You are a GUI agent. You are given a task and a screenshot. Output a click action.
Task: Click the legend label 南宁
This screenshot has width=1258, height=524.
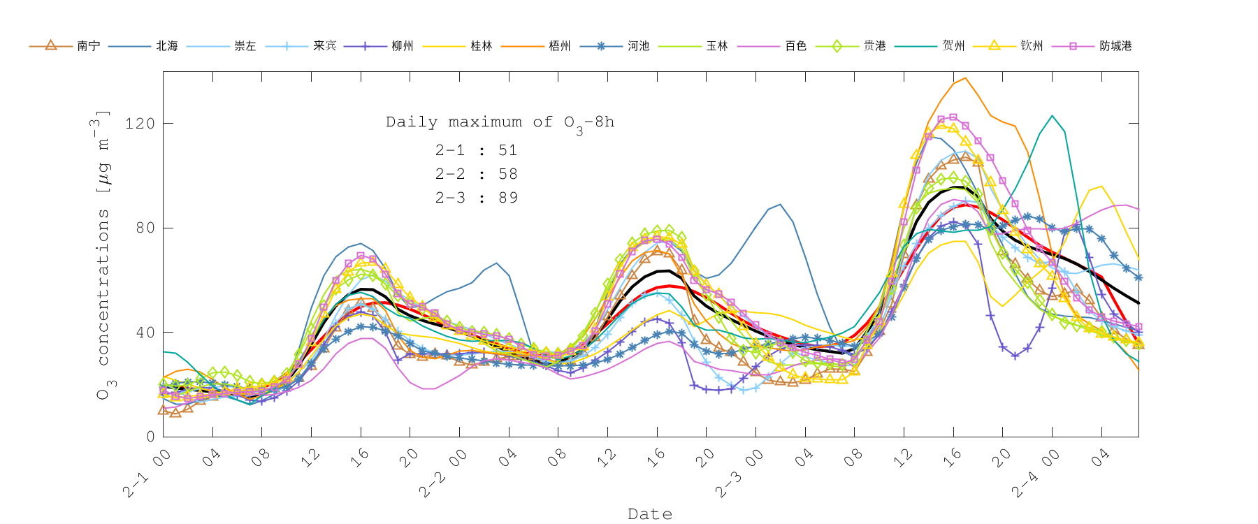pyautogui.click(x=88, y=46)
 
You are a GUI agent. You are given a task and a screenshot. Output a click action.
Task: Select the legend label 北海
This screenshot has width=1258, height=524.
pyautogui.click(x=167, y=46)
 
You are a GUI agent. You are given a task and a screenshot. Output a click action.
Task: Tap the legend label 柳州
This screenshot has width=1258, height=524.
pyautogui.click(x=403, y=46)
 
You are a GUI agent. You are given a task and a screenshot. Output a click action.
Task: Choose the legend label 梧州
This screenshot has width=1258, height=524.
pyautogui.click(x=560, y=46)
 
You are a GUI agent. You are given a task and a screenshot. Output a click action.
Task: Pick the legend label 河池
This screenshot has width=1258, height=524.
pyautogui.click(x=638, y=46)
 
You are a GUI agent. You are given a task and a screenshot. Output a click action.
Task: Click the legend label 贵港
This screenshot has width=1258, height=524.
pyautogui.click(x=874, y=46)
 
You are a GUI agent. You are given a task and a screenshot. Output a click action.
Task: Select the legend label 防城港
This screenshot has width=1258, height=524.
pyautogui.click(x=1115, y=46)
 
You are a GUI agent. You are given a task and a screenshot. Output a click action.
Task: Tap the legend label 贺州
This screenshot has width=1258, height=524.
pyautogui.click(x=953, y=46)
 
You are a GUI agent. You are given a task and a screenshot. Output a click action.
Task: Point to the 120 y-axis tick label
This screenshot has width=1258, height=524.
pyautogui.click(x=139, y=124)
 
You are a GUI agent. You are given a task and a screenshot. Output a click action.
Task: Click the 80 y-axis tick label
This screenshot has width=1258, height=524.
pyautogui.click(x=145, y=228)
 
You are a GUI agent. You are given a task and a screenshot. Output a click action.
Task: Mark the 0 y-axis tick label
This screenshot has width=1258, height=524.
pyautogui.click(x=150, y=437)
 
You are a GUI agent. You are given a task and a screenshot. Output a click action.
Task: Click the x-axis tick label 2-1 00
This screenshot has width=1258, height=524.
pyautogui.click(x=147, y=474)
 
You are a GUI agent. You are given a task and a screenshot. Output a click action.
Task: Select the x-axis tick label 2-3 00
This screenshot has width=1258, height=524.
pyautogui.click(x=739, y=474)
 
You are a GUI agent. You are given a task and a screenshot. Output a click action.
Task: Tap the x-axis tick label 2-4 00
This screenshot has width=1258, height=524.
pyautogui.click(x=1036, y=474)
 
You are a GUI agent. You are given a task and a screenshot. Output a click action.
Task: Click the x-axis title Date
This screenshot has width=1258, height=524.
pyautogui.click(x=650, y=514)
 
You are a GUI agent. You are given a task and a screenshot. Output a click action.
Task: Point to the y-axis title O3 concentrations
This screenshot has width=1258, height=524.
pyautogui.click(x=103, y=255)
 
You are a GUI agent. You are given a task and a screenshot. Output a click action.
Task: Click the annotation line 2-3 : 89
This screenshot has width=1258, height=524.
pyautogui.click(x=477, y=198)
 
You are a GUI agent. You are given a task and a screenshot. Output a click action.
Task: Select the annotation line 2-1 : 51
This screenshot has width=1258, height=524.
pyautogui.click(x=477, y=150)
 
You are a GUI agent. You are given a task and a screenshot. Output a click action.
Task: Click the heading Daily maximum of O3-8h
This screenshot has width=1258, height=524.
pyautogui.click(x=500, y=122)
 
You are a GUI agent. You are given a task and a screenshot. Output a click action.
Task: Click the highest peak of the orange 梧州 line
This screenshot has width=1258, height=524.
pyautogui.click(x=966, y=78)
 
